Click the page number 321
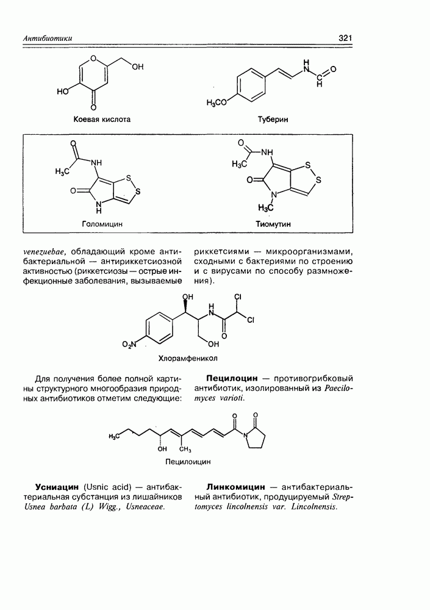(345, 38)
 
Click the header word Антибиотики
(48, 38)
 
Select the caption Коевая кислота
(102, 120)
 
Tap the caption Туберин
(273, 120)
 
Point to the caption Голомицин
(102, 224)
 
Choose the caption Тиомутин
(273, 224)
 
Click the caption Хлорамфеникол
(188, 358)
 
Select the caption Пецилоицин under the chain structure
(188, 462)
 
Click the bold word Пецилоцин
(232, 378)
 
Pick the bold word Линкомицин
(236, 487)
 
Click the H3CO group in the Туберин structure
(217, 102)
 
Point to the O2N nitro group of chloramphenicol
(129, 344)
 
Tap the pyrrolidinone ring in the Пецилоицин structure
(256, 437)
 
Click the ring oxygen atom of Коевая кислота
(93, 58)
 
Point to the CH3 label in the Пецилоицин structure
(185, 450)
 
